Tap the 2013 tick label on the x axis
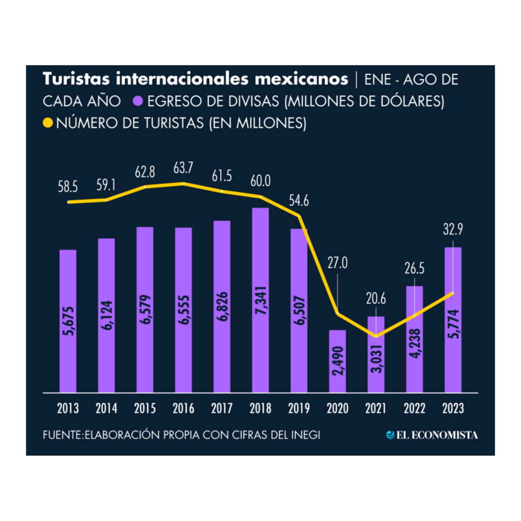[68, 408]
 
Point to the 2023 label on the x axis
[453, 408]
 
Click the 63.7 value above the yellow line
[183, 168]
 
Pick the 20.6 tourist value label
[376, 299]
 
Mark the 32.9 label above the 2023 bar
[453, 229]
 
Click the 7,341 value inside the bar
[260, 301]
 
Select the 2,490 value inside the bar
[338, 361]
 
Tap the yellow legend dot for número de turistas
[48, 122]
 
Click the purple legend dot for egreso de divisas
[138, 101]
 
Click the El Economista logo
[432, 435]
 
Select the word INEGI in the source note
[305, 435]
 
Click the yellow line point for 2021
[376, 336]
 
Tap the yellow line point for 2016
[183, 183]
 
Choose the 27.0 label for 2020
[338, 263]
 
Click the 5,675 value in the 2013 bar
[68, 321]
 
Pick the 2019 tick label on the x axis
[299, 408]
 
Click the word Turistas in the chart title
[76, 79]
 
